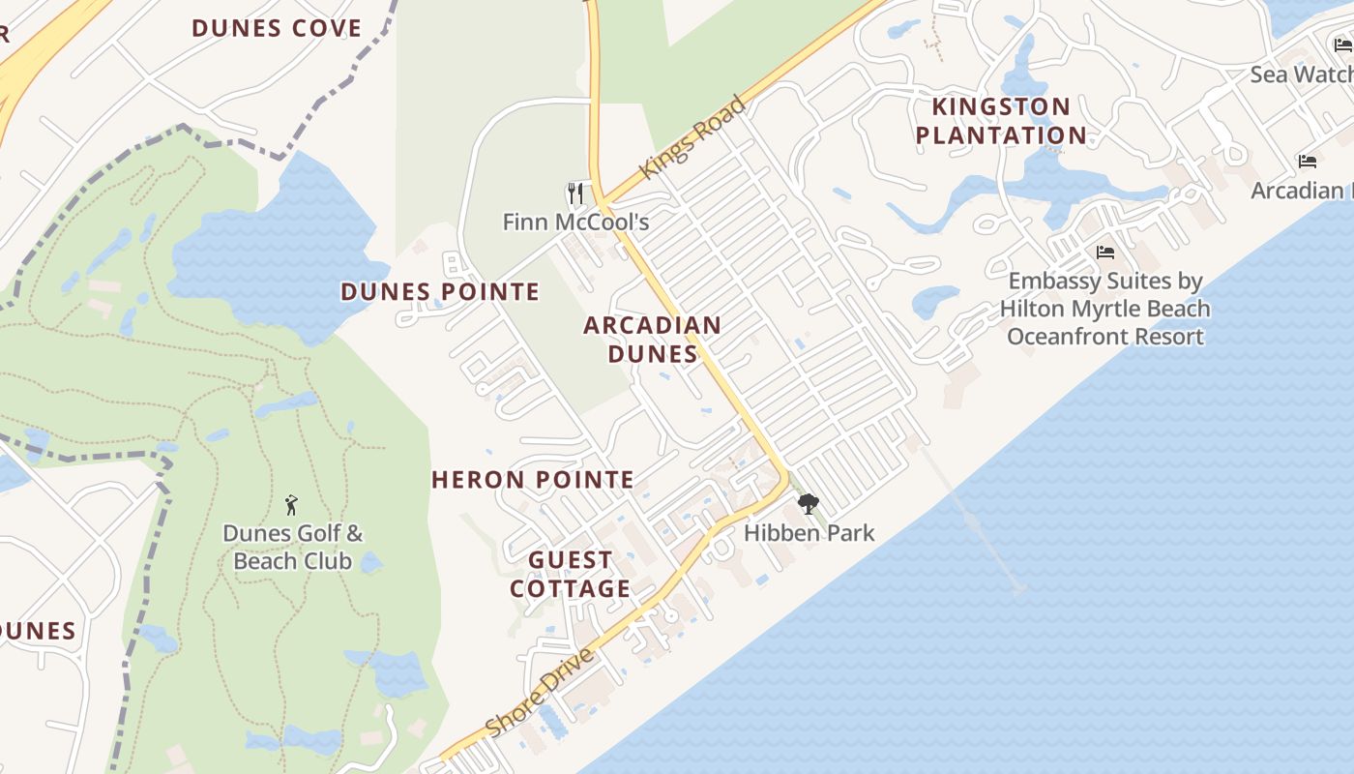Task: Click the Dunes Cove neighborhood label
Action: pos(277,28)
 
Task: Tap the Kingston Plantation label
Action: pos(1001,121)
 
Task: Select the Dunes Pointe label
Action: pos(440,291)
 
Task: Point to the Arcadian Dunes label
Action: pos(653,340)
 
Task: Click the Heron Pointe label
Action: pos(533,479)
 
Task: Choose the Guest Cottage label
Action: pos(571,574)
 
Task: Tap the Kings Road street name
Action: pos(694,135)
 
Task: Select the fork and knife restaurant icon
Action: pos(575,193)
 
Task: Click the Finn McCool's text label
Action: pos(575,223)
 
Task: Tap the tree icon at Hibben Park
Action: pos(808,503)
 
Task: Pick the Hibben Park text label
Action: pos(809,533)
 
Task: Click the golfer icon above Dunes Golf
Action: pos(291,504)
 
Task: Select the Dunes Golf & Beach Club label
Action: pos(292,547)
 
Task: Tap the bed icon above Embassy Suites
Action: pos(1105,253)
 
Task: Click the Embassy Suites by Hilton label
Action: pos(1104,309)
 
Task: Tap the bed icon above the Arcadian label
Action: pos(1308,162)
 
